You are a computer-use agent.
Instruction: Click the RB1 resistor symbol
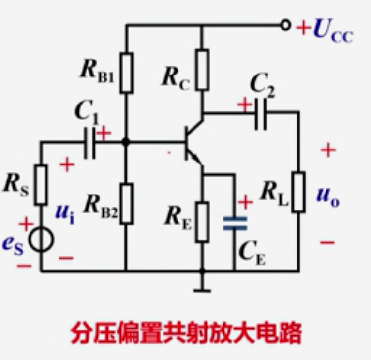click(126, 73)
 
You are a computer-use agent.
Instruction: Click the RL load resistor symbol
click(298, 192)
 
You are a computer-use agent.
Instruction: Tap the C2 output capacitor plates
click(261, 113)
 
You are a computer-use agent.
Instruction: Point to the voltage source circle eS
click(41, 240)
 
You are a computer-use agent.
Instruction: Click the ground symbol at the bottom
click(202, 289)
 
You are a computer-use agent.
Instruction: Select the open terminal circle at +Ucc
click(286, 25)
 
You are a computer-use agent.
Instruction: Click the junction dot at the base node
click(126, 142)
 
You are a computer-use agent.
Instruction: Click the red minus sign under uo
click(327, 242)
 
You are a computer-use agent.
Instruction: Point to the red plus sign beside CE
click(245, 202)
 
